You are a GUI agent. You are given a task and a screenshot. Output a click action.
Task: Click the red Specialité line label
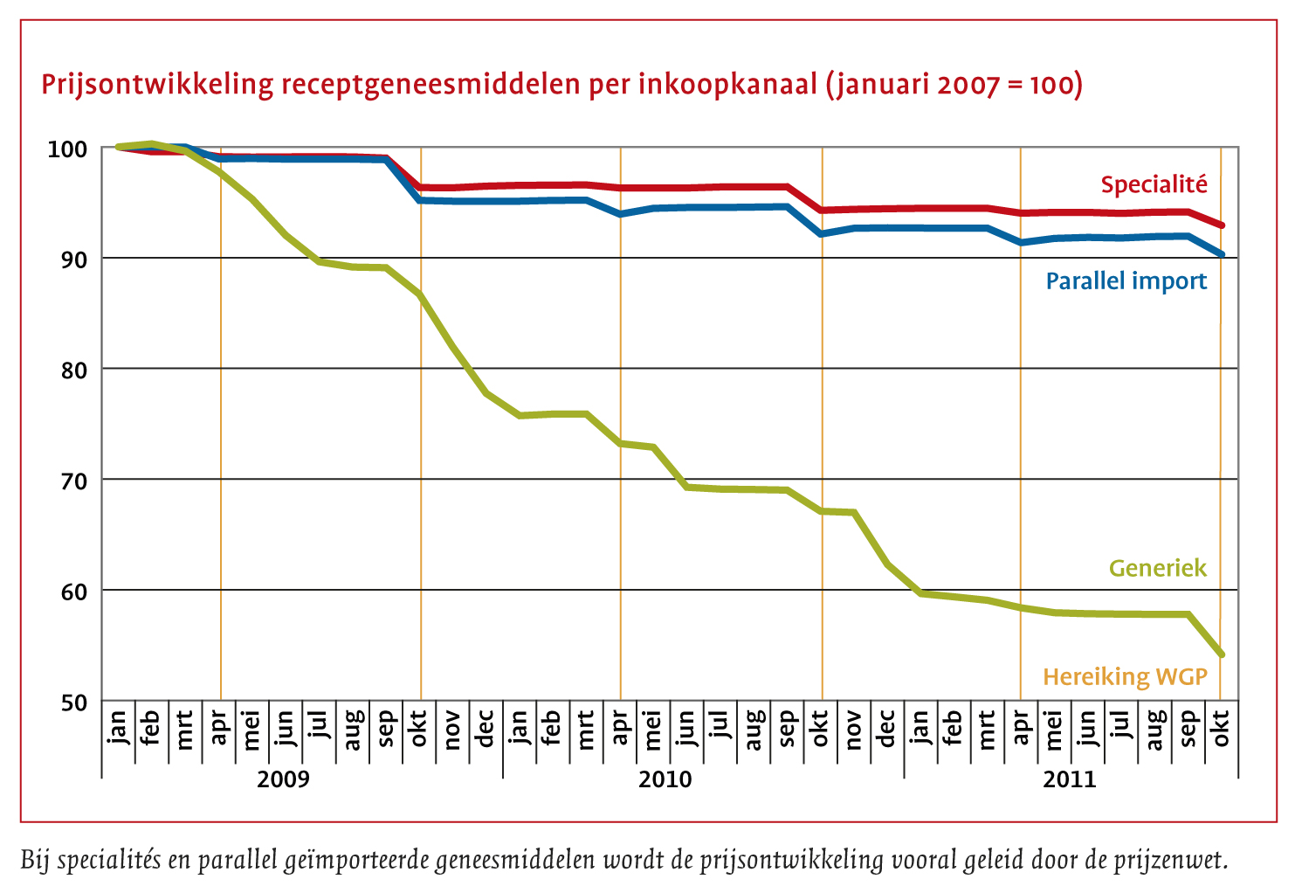click(1154, 184)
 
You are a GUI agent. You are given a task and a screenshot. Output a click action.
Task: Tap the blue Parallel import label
click(1126, 280)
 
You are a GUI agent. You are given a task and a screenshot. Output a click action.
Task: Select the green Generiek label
click(1157, 568)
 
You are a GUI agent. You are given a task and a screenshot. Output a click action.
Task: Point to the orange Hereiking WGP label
click(1125, 676)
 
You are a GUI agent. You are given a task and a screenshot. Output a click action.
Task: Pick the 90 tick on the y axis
click(73, 260)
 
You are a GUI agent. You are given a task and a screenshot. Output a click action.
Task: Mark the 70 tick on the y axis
click(73, 481)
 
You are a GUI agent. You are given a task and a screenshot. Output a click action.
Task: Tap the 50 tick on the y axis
click(73, 703)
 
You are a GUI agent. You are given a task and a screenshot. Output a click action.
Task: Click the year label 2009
click(282, 779)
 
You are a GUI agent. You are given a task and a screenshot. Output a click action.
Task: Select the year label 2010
click(665, 779)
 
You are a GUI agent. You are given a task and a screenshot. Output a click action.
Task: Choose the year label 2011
click(1069, 779)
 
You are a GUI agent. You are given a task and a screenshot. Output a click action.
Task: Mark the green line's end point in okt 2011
click(1221, 654)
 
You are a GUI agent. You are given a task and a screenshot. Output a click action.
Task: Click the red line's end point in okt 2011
click(1221, 225)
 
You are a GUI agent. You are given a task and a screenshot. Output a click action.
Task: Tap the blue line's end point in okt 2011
click(1221, 254)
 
